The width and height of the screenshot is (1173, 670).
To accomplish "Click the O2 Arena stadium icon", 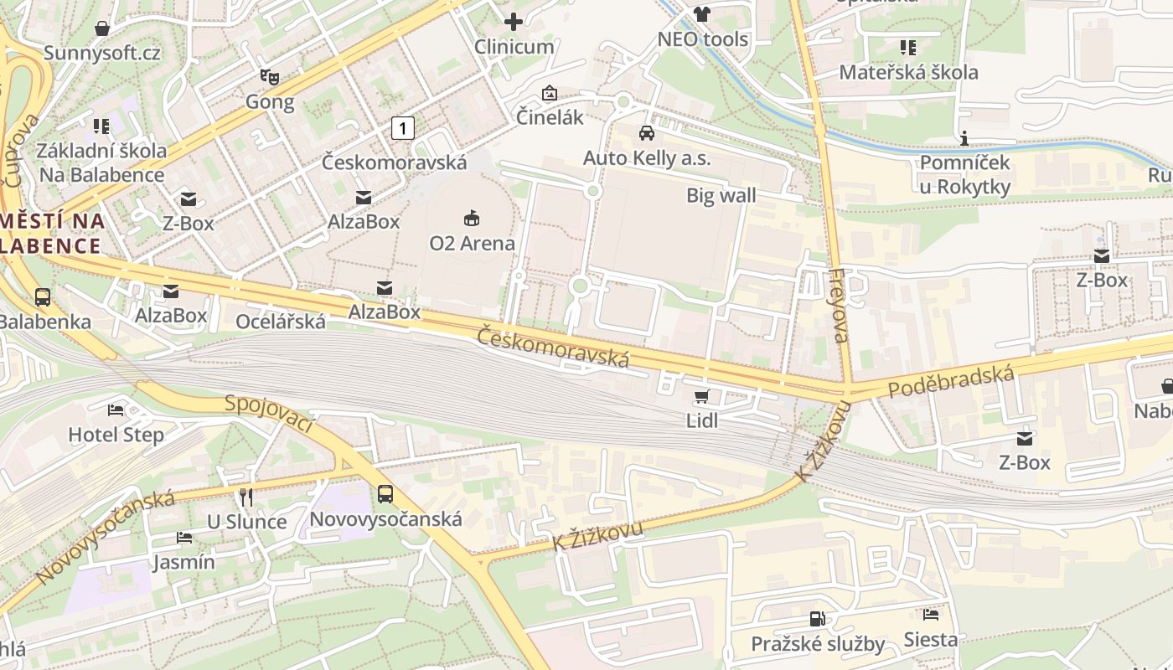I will (x=472, y=219).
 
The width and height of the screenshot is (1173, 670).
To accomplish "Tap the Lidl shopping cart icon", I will (x=701, y=396).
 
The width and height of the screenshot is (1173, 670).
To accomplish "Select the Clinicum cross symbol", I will (x=514, y=22).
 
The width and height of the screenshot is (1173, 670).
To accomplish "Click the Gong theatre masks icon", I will (x=269, y=77).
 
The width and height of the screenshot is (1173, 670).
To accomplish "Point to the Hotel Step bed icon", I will (x=116, y=410).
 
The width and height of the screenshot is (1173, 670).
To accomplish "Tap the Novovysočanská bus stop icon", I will (x=385, y=493).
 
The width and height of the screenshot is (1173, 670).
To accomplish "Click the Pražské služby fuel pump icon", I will (x=817, y=619).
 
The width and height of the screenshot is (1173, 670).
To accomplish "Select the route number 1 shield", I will (x=403, y=128).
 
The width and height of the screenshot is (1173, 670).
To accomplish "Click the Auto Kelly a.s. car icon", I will (x=646, y=132).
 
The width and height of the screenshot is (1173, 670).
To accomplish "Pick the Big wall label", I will (x=721, y=196).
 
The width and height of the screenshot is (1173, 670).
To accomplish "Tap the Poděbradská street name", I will (x=950, y=382).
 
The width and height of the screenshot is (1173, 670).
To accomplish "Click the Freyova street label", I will (x=839, y=306).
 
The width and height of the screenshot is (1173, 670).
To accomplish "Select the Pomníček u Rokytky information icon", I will (x=964, y=138).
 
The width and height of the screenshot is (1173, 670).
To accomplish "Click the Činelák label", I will (x=549, y=117).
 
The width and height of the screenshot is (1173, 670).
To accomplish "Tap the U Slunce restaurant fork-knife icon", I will (x=246, y=497).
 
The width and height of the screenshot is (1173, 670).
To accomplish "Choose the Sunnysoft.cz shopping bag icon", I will (x=102, y=28).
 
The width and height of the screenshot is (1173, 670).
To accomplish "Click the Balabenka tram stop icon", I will (x=42, y=297).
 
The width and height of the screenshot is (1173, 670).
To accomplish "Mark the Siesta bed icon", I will (x=930, y=615).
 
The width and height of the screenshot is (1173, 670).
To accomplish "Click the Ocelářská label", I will (x=281, y=322).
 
